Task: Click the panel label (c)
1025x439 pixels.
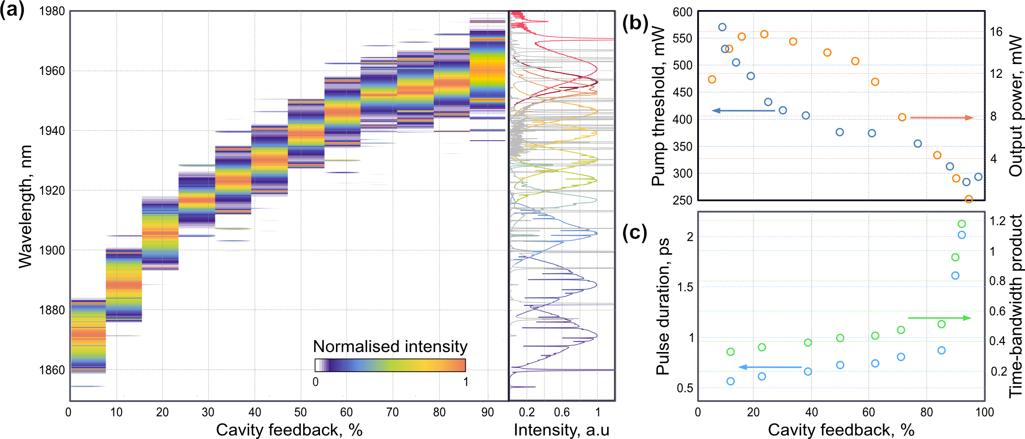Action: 635,233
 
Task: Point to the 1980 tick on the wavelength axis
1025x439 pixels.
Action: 52,11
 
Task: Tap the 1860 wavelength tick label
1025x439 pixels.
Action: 52,370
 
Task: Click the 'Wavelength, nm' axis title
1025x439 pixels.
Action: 26,206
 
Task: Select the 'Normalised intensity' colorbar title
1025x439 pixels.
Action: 390,347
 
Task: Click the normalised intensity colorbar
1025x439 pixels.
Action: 390,365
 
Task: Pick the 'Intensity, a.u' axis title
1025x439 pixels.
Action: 561,430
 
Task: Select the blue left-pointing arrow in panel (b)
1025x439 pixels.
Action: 743,111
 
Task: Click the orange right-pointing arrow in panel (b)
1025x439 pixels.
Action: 941,118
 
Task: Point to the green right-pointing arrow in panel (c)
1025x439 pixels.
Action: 939,318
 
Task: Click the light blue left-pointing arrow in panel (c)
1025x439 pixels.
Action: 770,367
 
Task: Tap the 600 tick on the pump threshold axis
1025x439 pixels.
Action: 682,12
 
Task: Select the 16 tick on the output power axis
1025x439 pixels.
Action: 996,32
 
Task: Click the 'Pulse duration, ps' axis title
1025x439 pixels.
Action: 663,307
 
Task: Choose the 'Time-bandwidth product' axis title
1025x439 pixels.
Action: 1016,306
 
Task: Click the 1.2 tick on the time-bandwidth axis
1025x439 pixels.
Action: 998,221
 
